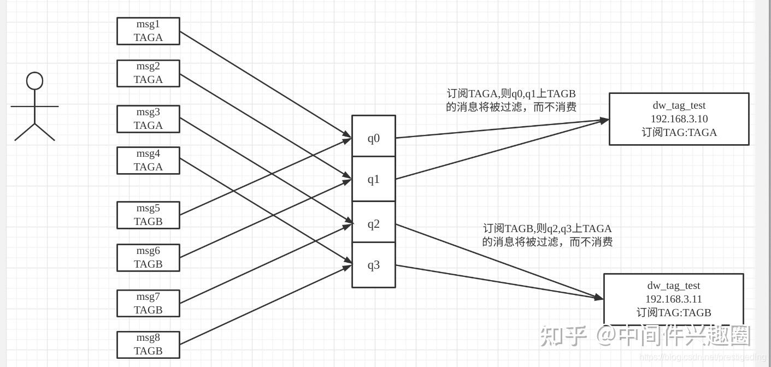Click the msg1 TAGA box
pyautogui.click(x=148, y=31)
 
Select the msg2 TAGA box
pyautogui.click(x=148, y=73)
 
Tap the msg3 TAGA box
pyautogui.click(x=148, y=119)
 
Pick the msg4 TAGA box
pyautogui.click(x=148, y=161)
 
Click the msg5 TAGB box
pyautogui.click(x=148, y=215)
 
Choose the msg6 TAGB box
pyautogui.click(x=148, y=258)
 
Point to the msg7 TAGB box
pyautogui.click(x=148, y=304)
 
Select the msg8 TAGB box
pyautogui.click(x=148, y=345)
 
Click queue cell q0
pyautogui.click(x=373, y=137)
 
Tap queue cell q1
pyautogui.click(x=373, y=179)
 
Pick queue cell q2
pyautogui.click(x=373, y=223)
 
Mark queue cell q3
pyautogui.click(x=373, y=265)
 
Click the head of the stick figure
pyautogui.click(x=35, y=81)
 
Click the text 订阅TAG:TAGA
pyautogui.click(x=679, y=132)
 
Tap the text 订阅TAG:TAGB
pyautogui.click(x=673, y=312)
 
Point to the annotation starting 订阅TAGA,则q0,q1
pyautogui.click(x=511, y=100)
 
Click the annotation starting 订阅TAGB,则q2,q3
pyautogui.click(x=547, y=235)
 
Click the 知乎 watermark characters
pyautogui.click(x=563, y=335)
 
